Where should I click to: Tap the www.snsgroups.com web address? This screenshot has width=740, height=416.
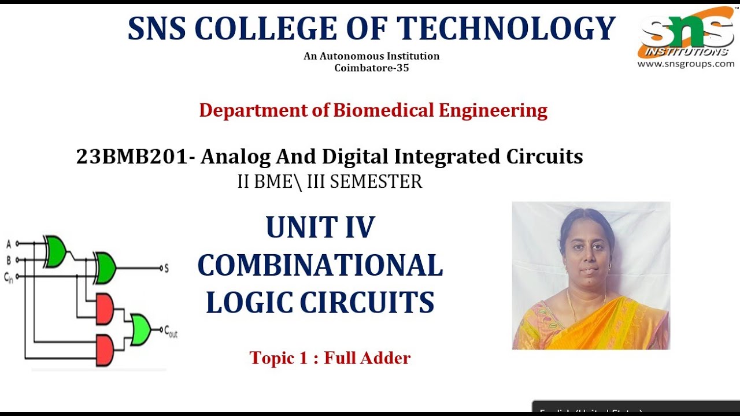click(686, 64)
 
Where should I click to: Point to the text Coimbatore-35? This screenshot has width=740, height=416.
click(372, 68)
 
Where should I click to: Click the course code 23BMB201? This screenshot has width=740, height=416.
click(132, 157)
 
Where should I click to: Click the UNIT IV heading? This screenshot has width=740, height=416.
click(320, 227)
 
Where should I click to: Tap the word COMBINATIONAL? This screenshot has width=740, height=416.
click(320, 265)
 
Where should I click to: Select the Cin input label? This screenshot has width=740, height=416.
click(9, 278)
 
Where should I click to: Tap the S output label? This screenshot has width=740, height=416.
click(166, 268)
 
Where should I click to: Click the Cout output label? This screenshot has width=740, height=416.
click(171, 332)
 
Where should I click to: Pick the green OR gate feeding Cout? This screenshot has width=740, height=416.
click(140, 330)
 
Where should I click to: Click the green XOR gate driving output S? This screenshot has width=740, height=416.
click(105, 268)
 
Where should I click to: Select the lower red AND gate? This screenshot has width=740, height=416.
click(104, 350)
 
